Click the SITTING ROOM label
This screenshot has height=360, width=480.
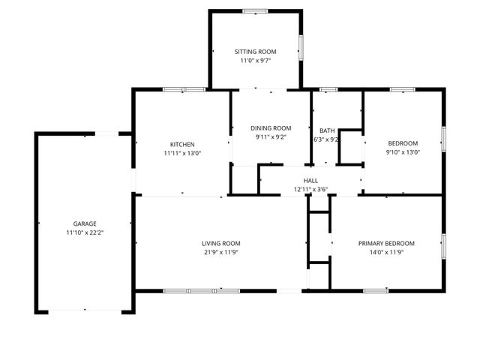[255, 52]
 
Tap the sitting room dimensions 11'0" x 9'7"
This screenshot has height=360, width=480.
[255, 61]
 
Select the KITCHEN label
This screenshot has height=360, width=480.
[182, 144]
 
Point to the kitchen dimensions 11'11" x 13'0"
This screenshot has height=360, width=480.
[182, 153]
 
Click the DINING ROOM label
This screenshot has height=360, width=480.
[271, 128]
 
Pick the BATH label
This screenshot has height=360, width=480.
[327, 130]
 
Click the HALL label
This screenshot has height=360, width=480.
[310, 181]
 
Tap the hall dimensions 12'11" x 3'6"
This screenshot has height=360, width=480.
[310, 190]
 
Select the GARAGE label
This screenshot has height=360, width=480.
[84, 223]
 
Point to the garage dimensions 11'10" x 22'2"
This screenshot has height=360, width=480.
[84, 232]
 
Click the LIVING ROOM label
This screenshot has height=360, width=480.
[220, 243]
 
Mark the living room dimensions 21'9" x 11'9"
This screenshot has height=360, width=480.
[220, 252]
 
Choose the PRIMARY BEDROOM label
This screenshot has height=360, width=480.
[386, 243]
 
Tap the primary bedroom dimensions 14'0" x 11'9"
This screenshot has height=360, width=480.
[386, 252]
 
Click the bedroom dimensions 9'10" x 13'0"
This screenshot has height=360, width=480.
[403, 153]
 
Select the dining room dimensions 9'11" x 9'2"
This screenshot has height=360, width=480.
[271, 137]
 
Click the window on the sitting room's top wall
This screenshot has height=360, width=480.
[255, 10]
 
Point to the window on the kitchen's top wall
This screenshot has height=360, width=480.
[184, 89]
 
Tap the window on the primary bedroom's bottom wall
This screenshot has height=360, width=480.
[375, 290]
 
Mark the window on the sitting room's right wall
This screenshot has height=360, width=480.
[301, 47]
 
